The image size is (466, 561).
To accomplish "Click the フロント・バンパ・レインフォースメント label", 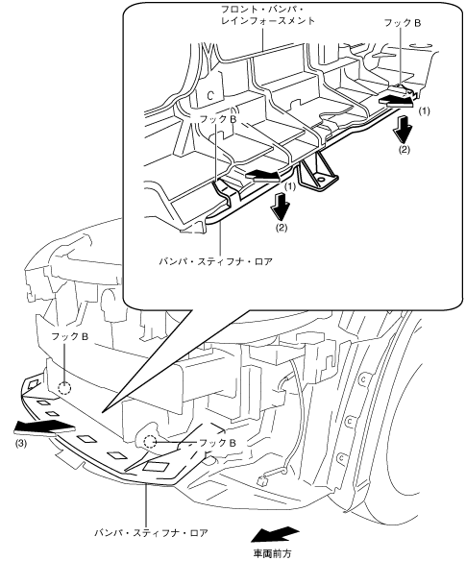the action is [268, 15].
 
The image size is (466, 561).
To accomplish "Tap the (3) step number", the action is [21, 444].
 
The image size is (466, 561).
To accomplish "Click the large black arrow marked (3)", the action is [44, 427].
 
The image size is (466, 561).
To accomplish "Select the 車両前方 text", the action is [273, 553].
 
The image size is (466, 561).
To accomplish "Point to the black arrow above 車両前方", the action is [275, 534].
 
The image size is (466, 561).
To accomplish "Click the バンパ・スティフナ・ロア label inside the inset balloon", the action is [216, 261].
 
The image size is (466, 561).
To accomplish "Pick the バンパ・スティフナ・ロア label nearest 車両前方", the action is [151, 533].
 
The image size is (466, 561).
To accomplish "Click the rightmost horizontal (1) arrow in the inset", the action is [396, 101].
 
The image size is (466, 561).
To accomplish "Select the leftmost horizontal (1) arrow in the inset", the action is [262, 176].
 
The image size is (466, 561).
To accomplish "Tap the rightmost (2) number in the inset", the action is [405, 150].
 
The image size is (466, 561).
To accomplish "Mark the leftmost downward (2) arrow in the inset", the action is [281, 207].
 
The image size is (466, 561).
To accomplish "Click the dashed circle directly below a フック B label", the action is [64, 388].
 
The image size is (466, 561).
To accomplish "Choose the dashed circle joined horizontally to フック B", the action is [150, 443].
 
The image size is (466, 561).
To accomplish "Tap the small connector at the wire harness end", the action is [263, 478].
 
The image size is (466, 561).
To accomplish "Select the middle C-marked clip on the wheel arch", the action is [347, 422].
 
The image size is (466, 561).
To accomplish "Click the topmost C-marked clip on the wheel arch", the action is [362, 379].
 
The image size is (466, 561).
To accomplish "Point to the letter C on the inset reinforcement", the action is [210, 95].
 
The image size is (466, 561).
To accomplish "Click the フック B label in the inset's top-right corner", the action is [403, 23].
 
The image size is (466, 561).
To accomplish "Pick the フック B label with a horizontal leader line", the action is [217, 443].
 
